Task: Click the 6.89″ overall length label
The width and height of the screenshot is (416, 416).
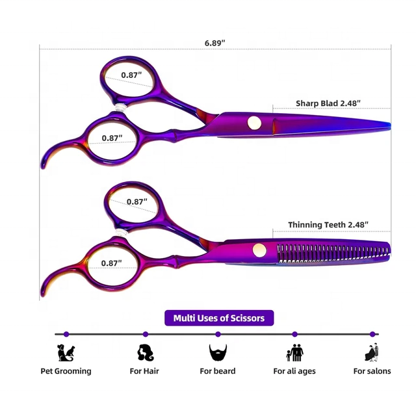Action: click(214, 43)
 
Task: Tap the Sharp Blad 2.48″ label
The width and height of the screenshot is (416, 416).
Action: click(328, 103)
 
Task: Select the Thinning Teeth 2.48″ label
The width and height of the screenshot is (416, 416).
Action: click(328, 225)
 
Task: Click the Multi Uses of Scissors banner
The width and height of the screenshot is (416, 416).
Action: click(219, 318)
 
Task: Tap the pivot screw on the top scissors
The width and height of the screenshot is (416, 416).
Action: click(254, 123)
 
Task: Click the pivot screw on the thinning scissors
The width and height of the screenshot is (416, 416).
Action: click(259, 250)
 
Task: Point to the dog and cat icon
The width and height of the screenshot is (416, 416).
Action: click(66, 352)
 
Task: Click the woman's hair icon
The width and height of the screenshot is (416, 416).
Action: click(145, 352)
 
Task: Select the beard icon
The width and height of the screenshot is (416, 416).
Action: click(218, 352)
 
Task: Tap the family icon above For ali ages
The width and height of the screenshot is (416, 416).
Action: click(294, 352)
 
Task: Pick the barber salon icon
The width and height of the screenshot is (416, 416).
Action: click(372, 352)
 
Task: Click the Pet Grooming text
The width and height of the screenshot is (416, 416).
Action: click(66, 371)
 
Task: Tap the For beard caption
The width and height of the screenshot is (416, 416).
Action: click(218, 371)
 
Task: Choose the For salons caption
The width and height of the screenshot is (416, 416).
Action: click(372, 371)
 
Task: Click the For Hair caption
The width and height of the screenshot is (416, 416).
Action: click(144, 371)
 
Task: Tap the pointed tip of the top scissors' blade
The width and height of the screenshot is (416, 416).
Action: click(390, 125)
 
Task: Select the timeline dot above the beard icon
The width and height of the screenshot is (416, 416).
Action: click(218, 334)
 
